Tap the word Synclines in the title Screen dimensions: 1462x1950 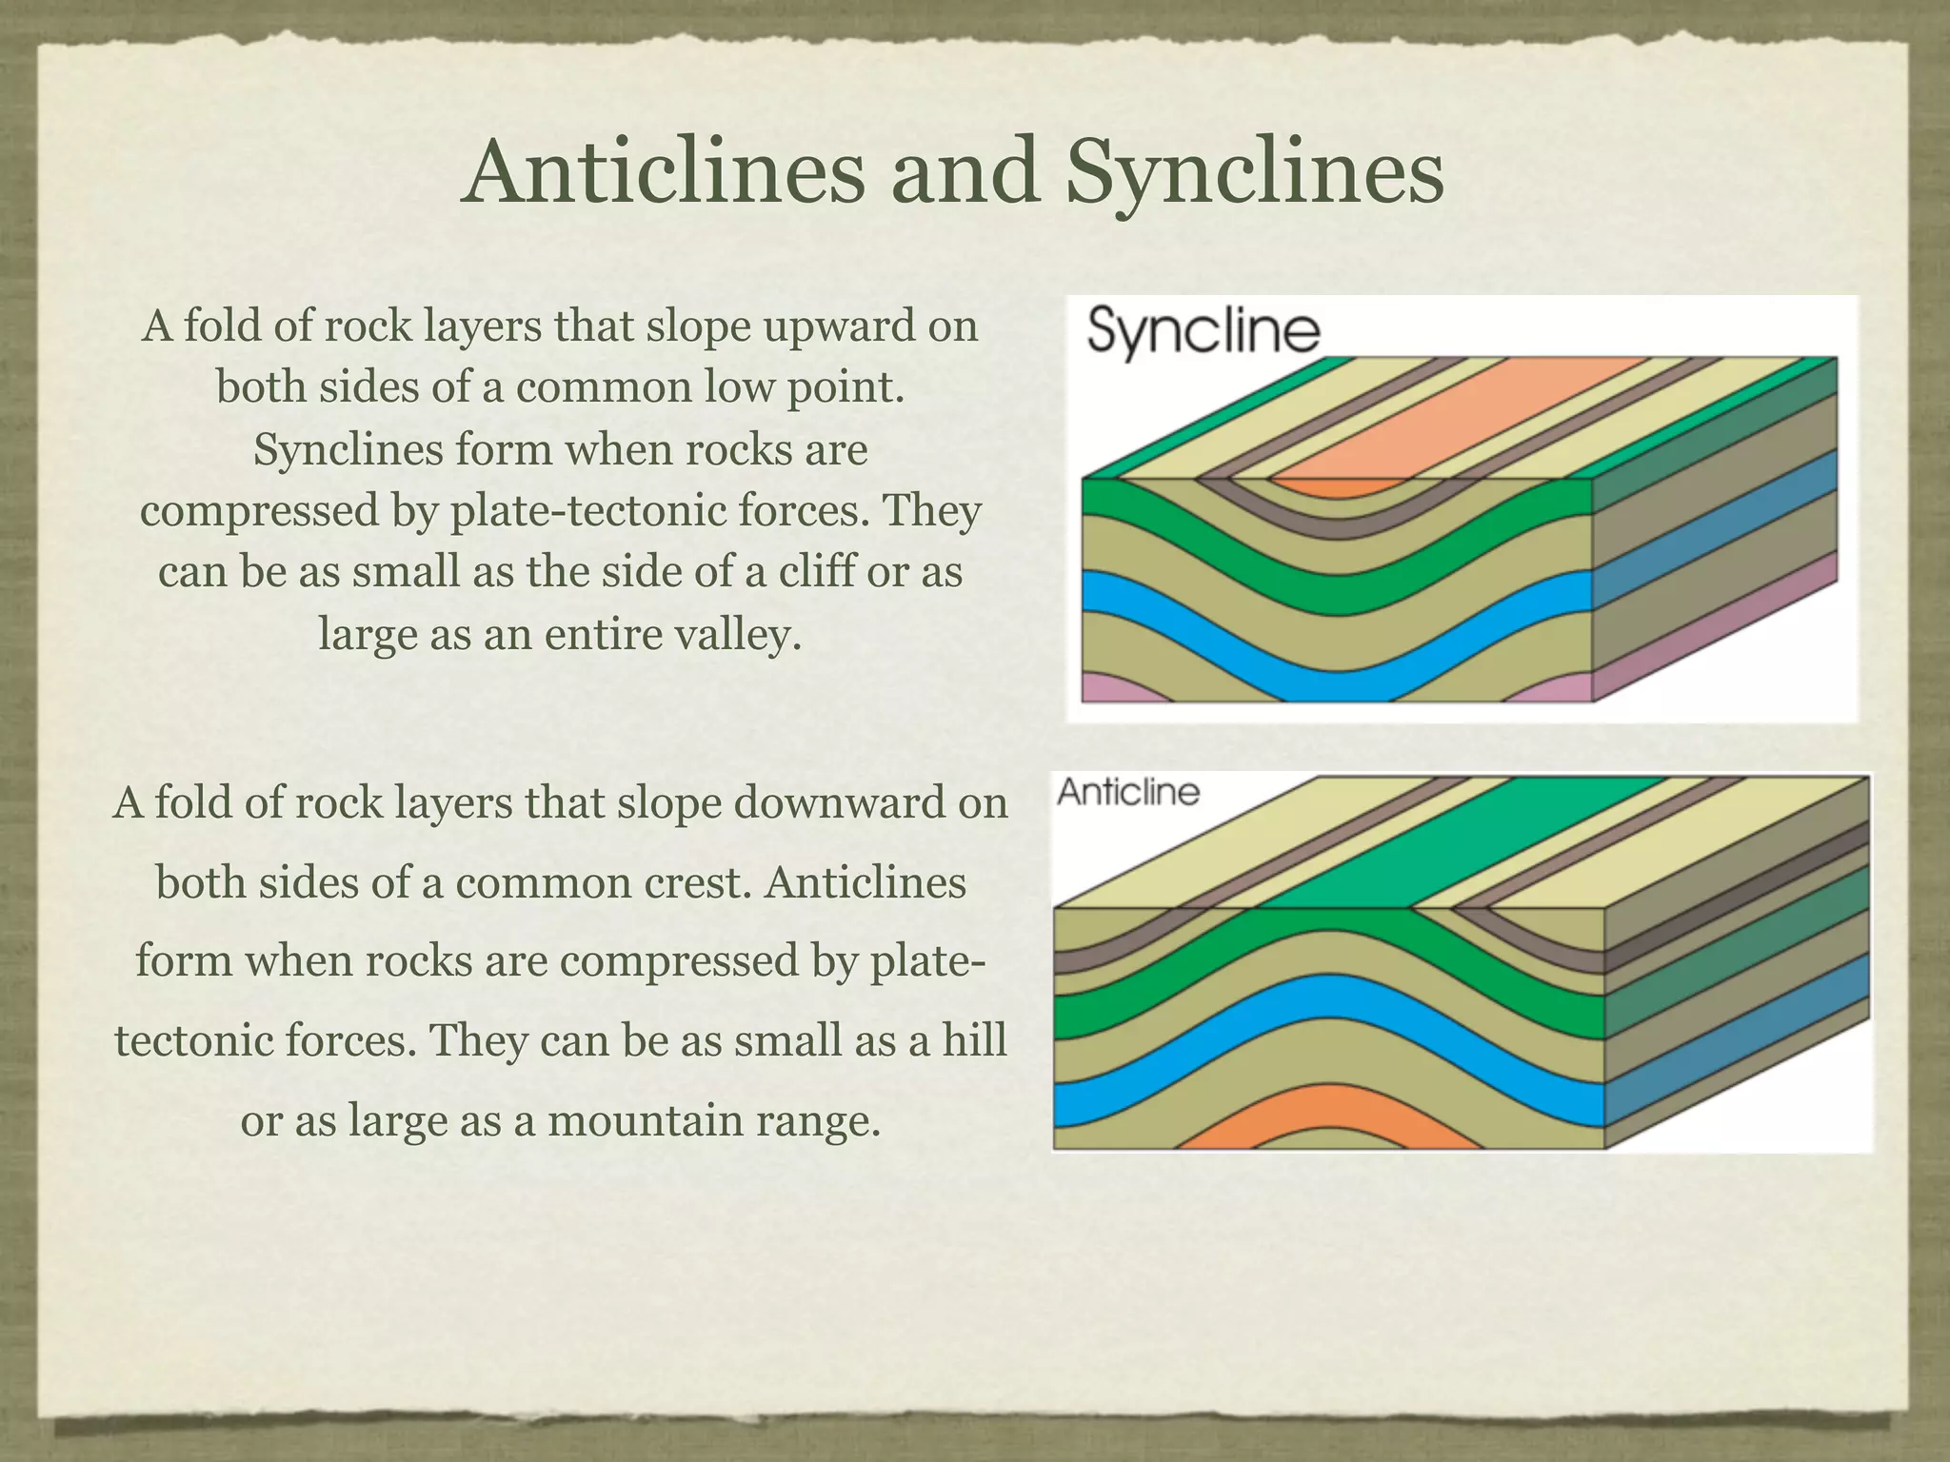(x=1254, y=173)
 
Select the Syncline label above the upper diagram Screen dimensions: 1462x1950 (x=1204, y=332)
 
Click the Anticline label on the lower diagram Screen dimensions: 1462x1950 (x=1128, y=792)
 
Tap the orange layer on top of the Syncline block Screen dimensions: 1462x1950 (x=1457, y=419)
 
